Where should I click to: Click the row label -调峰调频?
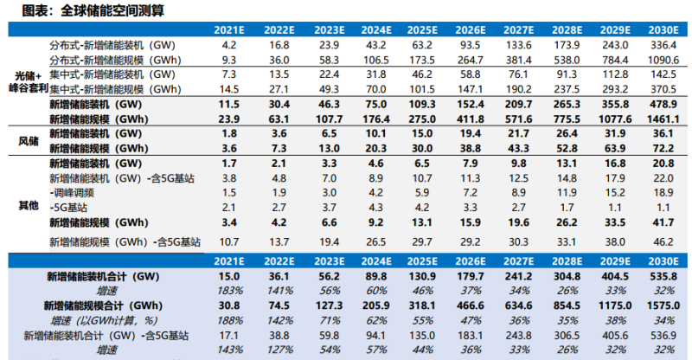(x=74, y=192)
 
